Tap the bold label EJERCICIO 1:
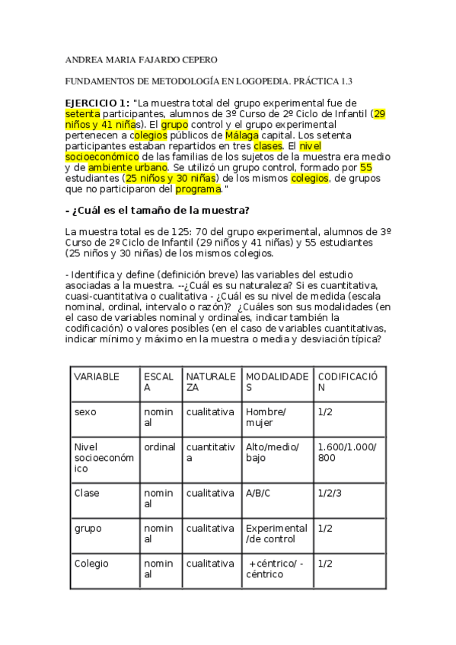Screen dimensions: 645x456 [x=97, y=102]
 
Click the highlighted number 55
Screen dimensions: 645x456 [x=365, y=167]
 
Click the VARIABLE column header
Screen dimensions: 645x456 [x=95, y=376]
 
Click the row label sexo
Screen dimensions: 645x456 [x=85, y=411]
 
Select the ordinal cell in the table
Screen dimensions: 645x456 [x=160, y=446]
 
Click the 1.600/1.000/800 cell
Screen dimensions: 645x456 [x=346, y=452]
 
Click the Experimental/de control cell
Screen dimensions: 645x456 [x=276, y=533]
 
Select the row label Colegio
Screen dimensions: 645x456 [x=91, y=564]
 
